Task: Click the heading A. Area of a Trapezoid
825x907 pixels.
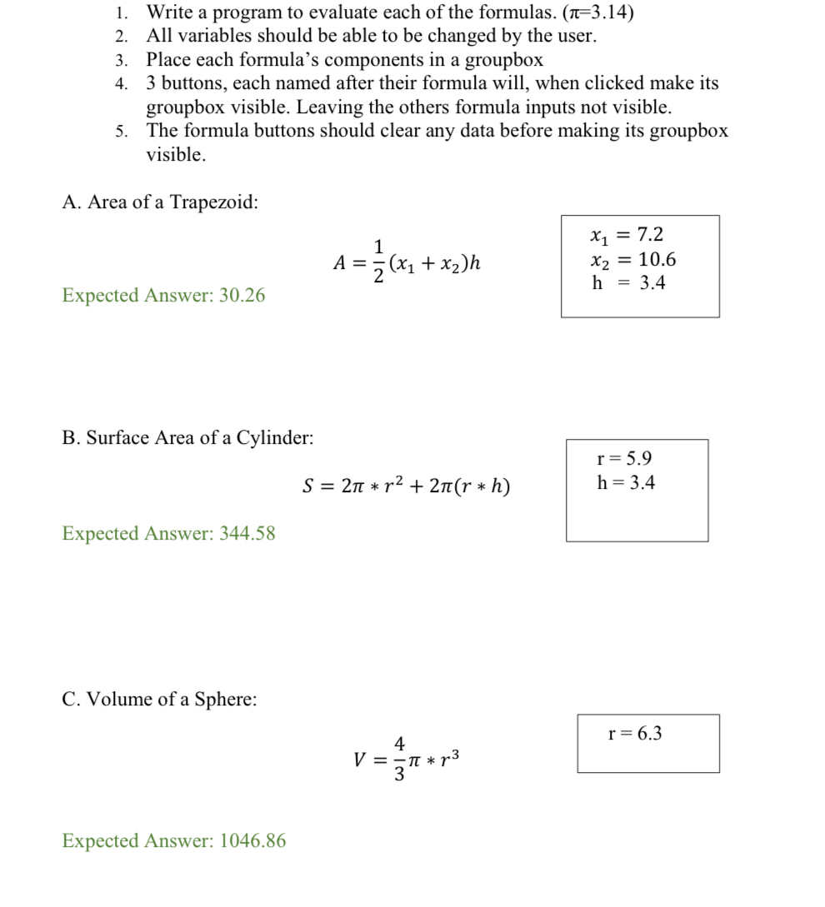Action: coord(160,202)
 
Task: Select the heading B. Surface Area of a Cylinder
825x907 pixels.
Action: coord(187,437)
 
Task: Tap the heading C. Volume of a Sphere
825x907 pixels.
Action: coord(159,699)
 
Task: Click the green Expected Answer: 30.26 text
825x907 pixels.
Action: coord(163,295)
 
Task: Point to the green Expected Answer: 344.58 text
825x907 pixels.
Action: coord(168,533)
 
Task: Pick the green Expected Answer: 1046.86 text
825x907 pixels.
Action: coord(173,840)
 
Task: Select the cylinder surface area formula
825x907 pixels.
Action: coord(406,486)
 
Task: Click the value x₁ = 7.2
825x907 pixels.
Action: coord(626,235)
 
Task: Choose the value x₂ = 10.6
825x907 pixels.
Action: coord(632,260)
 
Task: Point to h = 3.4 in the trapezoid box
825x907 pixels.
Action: coord(628,283)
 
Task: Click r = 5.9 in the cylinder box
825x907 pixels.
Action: coord(624,458)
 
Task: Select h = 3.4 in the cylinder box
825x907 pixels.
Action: coord(626,482)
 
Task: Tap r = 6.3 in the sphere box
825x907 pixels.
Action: coord(635,733)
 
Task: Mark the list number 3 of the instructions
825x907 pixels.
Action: coord(121,60)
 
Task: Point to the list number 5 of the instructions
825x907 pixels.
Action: coord(121,132)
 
